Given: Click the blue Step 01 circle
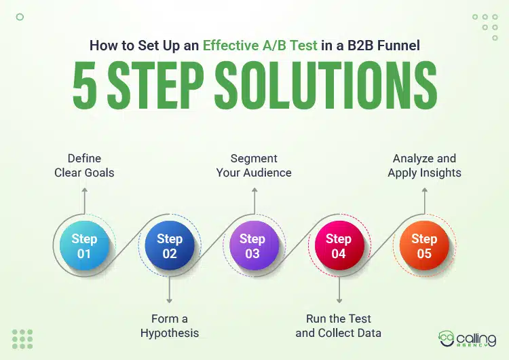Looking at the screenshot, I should [84, 246].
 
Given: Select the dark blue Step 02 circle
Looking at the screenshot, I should [170, 246].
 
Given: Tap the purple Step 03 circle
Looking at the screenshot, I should [252, 246].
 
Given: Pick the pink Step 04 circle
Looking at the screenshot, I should [338, 246].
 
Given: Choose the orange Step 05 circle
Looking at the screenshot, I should [423, 246].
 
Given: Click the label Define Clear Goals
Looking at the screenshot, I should [84, 166].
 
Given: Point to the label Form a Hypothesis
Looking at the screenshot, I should [170, 325].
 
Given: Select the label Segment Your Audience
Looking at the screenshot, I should [254, 166].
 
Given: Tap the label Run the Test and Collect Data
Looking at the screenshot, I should [338, 325].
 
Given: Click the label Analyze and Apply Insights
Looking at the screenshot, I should [424, 166].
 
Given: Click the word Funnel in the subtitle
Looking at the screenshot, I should [400, 46].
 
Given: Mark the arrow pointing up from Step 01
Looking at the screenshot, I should [84, 200].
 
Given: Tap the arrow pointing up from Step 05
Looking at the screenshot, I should [424, 200].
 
